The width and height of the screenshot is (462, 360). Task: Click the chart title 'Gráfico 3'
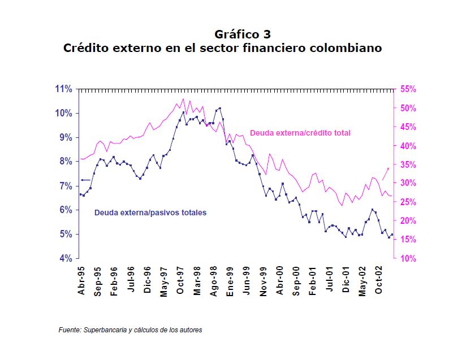click(246, 34)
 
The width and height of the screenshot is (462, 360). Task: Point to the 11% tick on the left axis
click(64, 89)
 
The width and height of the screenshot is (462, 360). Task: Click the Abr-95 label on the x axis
click(83, 281)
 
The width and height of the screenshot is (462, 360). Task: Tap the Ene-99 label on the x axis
click(230, 281)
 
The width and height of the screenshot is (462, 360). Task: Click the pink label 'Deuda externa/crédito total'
click(300, 133)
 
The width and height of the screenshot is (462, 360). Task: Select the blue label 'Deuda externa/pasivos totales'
click(150, 213)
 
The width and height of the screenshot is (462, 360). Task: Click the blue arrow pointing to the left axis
click(85, 180)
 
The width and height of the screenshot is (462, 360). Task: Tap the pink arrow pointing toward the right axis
click(386, 173)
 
